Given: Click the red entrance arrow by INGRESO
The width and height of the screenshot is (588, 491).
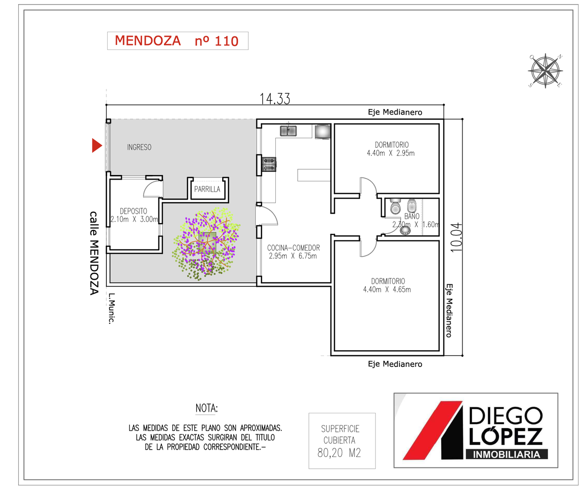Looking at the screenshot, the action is click(x=96, y=145).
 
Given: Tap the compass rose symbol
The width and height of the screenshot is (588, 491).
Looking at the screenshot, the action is click(x=545, y=70).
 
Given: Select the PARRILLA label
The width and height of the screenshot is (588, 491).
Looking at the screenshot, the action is click(x=207, y=189).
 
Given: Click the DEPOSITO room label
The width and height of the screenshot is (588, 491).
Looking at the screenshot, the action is click(x=133, y=211).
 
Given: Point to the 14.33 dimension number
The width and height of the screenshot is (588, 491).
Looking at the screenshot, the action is click(x=274, y=99).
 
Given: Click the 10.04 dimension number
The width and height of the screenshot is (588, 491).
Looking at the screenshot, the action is click(x=456, y=237).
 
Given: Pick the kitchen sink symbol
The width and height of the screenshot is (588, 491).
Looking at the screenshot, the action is click(x=288, y=131).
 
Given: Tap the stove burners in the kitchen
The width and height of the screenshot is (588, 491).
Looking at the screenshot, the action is click(x=269, y=164).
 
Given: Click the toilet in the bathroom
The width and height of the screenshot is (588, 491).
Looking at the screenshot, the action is click(x=395, y=206).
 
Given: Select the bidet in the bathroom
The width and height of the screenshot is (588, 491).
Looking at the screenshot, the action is click(x=411, y=205).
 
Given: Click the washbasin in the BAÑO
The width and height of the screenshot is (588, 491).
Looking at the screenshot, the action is click(x=405, y=230).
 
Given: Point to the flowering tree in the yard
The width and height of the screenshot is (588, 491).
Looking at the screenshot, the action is click(x=206, y=244).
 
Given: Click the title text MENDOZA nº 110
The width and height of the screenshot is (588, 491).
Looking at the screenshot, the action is click(x=177, y=41).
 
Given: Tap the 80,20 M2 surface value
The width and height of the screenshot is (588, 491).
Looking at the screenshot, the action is click(x=339, y=453).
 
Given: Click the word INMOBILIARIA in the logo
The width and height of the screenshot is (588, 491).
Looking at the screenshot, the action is click(x=506, y=454).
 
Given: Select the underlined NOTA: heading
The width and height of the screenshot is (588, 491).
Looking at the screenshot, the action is click(x=206, y=408).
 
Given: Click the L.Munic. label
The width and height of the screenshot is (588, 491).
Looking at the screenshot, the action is click(x=112, y=308).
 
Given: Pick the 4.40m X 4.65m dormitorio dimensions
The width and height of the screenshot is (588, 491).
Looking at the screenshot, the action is click(x=387, y=289).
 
